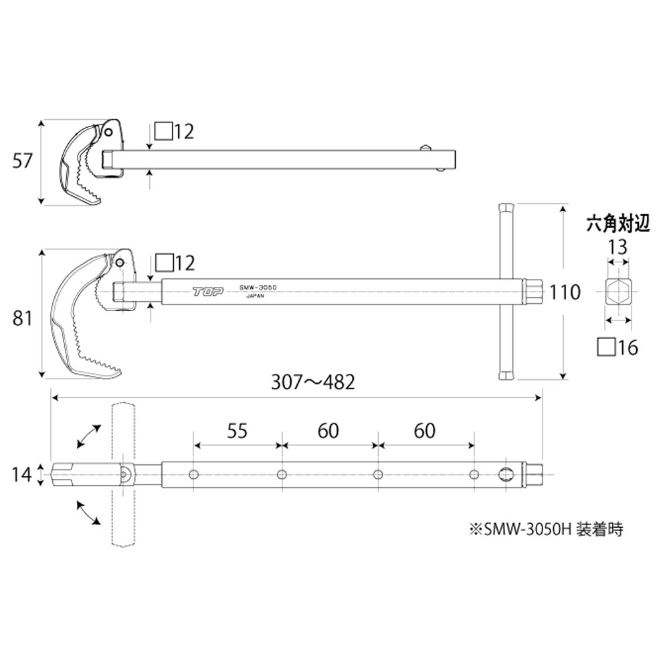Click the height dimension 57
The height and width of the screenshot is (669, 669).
pos(23,162)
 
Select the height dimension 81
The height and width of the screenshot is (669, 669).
pos(23,319)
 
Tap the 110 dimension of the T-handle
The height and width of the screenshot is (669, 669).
pos(565,292)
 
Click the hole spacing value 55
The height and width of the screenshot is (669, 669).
pos(237,431)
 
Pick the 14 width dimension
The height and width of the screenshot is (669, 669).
pos(21,474)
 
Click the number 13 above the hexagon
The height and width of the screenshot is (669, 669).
pos(617,248)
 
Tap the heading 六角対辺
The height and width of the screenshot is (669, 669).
pos(617,223)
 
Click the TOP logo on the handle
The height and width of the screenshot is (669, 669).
pos(205,291)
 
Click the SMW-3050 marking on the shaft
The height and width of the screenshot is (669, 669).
pos(258,286)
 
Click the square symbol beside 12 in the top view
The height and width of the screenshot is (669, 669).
pos(163,131)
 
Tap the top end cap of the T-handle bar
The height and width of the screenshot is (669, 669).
pos(506,207)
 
